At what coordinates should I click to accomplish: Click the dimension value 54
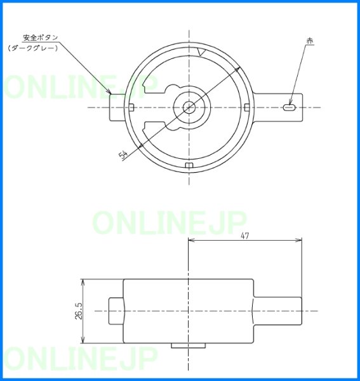[x=123, y=155]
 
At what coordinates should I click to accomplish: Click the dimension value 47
[x=245, y=236]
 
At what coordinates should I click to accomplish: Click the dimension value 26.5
[x=79, y=311]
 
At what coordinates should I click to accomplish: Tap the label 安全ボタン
[x=41, y=37]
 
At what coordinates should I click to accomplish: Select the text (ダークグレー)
[x=33, y=48]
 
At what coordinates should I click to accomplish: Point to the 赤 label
[x=310, y=41]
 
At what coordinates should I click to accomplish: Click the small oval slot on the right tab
[x=289, y=107]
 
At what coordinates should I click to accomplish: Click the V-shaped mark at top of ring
[x=202, y=52]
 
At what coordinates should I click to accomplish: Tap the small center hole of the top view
[x=189, y=107]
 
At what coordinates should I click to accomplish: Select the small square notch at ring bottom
[x=189, y=165]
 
